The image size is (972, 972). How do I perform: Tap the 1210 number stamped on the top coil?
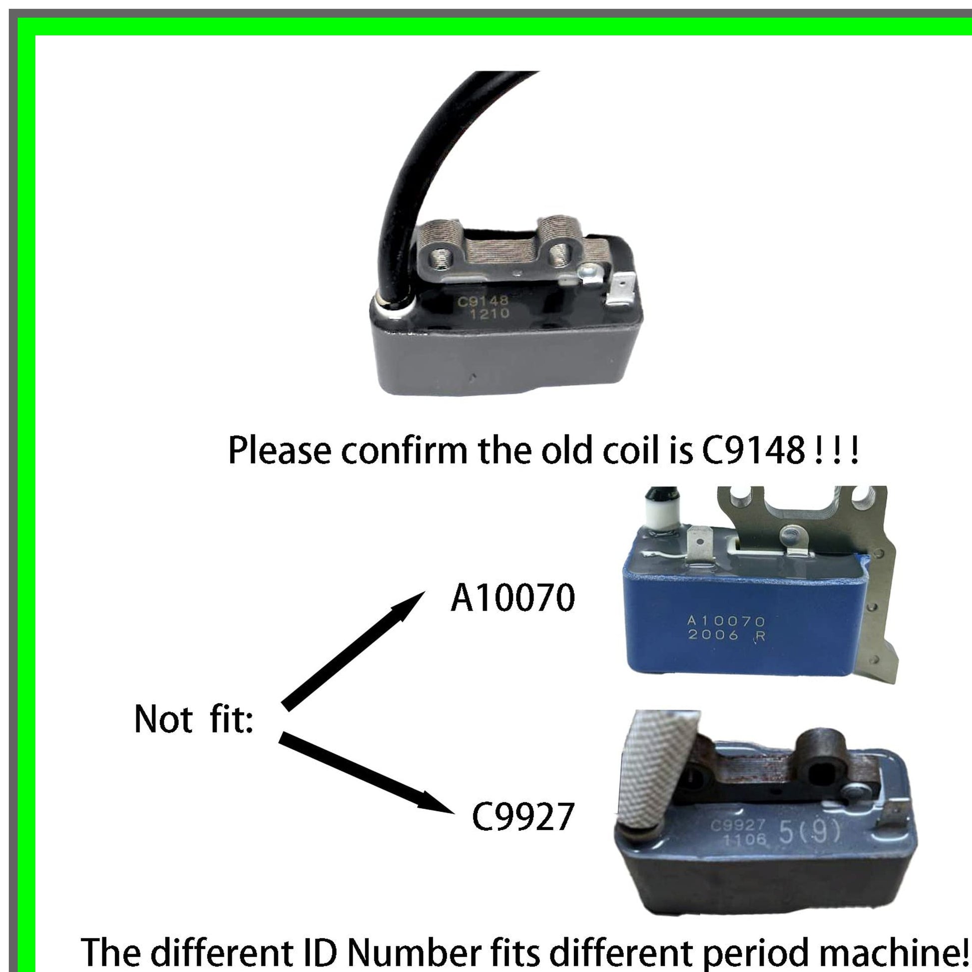click(489, 315)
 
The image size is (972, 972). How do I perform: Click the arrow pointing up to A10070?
click(353, 651)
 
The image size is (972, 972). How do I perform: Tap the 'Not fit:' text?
click(194, 719)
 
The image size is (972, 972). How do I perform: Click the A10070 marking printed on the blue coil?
click(726, 621)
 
